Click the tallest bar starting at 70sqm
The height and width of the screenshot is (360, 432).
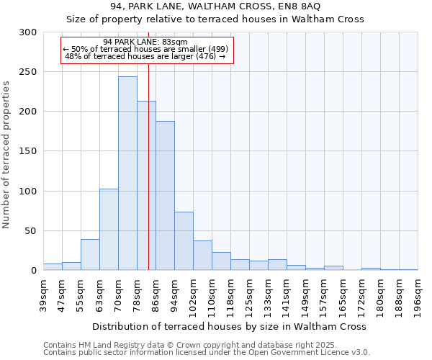pyautogui.click(x=127, y=173)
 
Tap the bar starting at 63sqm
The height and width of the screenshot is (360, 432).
pyautogui.click(x=109, y=229)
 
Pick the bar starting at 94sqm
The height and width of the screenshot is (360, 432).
pyautogui.click(x=184, y=240)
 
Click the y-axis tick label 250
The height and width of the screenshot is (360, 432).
pyautogui.click(x=27, y=72)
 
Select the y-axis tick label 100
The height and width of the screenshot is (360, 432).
pyautogui.click(x=27, y=192)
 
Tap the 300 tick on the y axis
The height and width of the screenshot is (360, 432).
pyautogui.click(x=27, y=32)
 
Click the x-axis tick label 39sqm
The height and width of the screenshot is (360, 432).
pyautogui.click(x=43, y=293)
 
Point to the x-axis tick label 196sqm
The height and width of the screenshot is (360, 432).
pyautogui.click(x=418, y=295)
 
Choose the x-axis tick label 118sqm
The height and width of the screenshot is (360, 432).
pyautogui.click(x=230, y=295)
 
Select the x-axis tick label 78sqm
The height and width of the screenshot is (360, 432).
pyautogui.click(x=137, y=293)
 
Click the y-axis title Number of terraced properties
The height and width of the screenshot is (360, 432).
pyautogui.click(x=6, y=154)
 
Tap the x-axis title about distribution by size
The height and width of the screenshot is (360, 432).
pyautogui.click(x=230, y=326)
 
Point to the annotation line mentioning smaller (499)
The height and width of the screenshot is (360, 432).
pyautogui.click(x=146, y=49)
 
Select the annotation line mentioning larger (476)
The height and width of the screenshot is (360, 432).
pyautogui.click(x=145, y=56)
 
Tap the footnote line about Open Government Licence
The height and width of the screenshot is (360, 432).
pyautogui.click(x=206, y=353)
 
